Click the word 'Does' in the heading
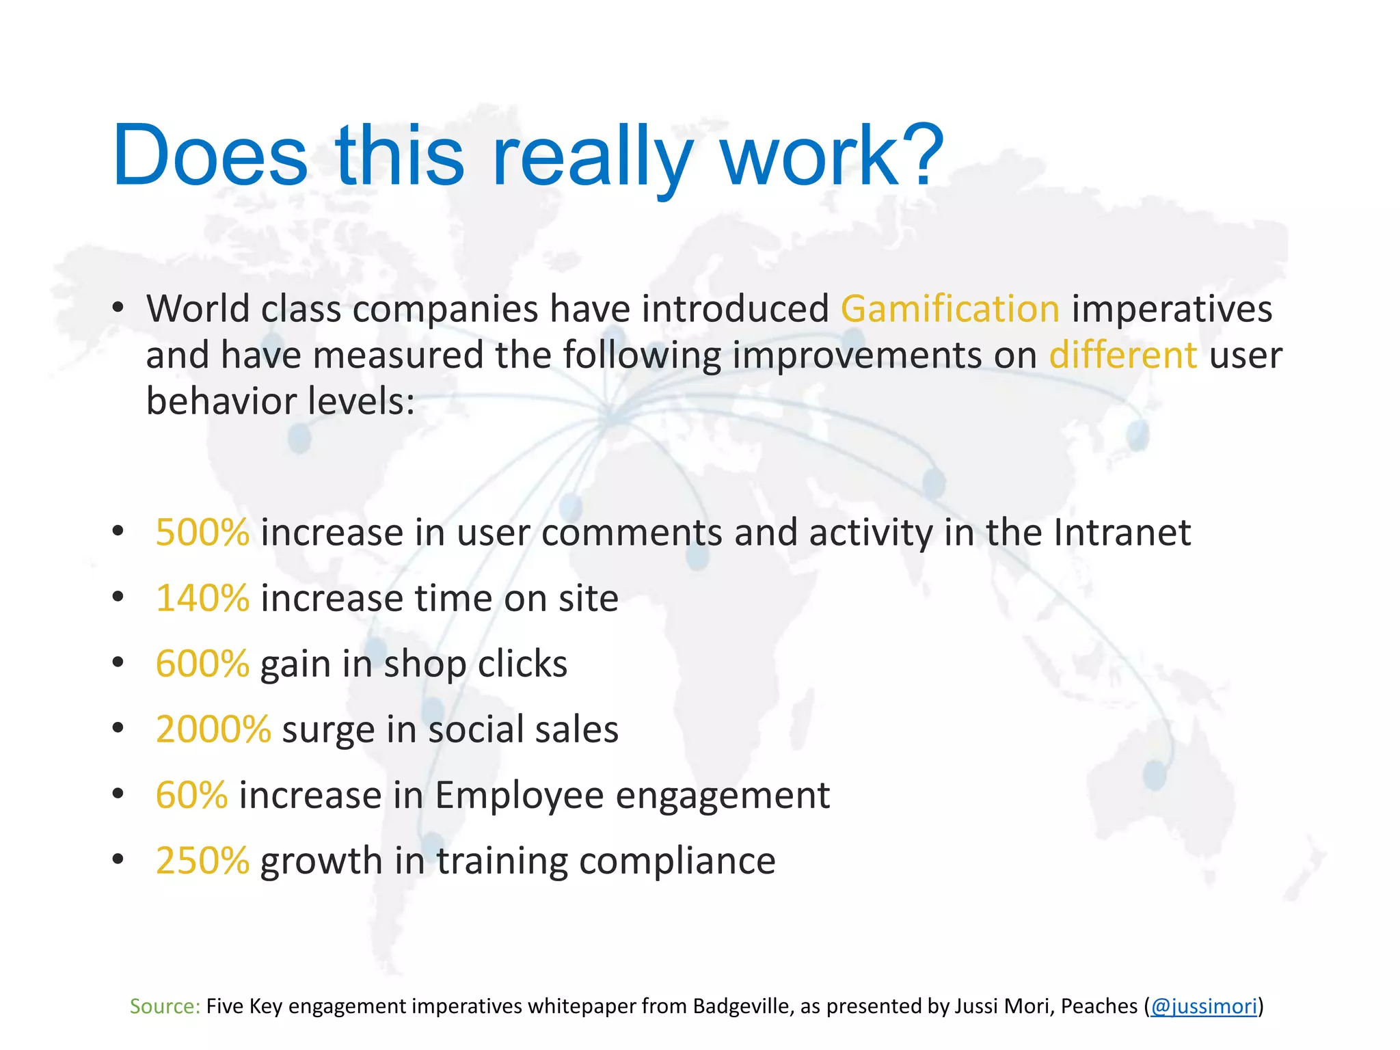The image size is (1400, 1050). point(210,156)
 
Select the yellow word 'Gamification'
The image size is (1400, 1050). point(950,309)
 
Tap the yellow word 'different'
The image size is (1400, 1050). point(1122,355)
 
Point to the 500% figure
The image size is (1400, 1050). point(202,533)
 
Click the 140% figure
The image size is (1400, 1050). point(202,599)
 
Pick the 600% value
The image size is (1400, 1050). point(202,664)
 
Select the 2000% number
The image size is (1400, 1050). point(213,729)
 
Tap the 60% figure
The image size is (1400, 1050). point(191,795)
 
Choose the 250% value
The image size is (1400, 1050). point(202,861)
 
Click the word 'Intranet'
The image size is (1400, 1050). point(1122,533)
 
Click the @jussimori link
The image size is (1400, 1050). point(1204,1006)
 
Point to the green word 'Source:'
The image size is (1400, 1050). point(165,1006)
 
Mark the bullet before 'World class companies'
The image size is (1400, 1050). point(118,308)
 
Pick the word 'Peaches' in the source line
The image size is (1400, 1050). point(1099,1006)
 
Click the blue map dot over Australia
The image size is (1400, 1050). point(1155,775)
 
